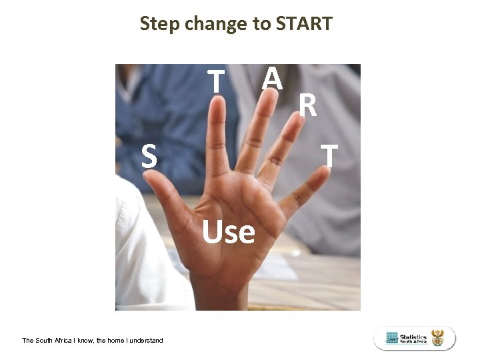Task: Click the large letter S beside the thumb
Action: click(x=149, y=157)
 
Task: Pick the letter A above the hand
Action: click(x=271, y=79)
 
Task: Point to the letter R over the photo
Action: click(x=307, y=105)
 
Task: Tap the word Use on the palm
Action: click(x=229, y=232)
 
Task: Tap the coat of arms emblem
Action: click(x=437, y=338)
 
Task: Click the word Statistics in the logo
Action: click(x=413, y=337)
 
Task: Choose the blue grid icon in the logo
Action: click(x=392, y=338)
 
